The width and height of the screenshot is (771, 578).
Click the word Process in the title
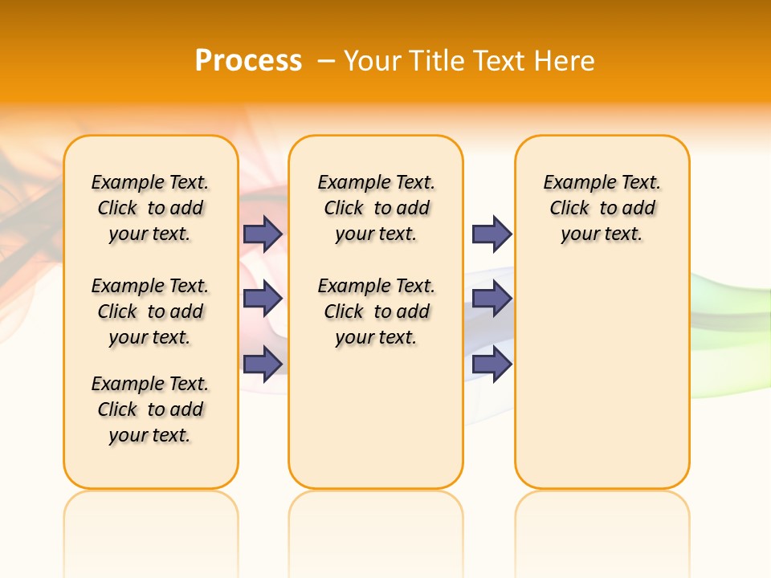248,60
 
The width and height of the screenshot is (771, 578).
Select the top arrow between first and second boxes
263,234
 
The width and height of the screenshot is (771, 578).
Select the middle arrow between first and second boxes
263,299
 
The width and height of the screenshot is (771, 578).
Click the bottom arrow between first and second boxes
263,364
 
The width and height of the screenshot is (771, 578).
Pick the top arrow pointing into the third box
492,234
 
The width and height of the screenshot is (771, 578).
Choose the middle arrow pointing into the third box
492,299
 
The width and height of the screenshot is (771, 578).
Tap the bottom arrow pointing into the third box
492,364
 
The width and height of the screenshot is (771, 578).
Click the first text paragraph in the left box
150,208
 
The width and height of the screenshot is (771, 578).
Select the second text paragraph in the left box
150,311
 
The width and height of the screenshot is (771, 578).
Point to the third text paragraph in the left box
150,409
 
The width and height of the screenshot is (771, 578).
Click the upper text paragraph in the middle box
376,208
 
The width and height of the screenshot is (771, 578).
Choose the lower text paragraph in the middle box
376,311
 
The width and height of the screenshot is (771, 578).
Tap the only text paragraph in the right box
602,208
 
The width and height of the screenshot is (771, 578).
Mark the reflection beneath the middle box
376,522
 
